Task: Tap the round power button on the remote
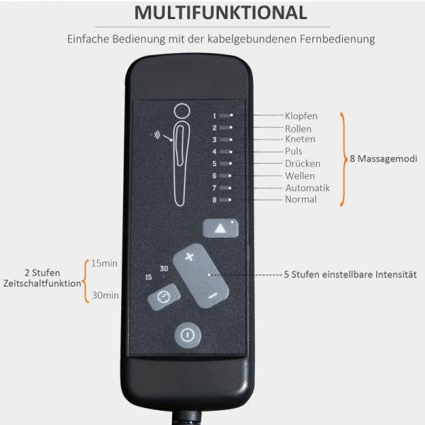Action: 186,335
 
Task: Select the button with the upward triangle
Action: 220,229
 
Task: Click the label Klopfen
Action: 301,115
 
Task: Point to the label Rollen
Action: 298,129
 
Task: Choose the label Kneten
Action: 300,140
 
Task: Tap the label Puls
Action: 294,152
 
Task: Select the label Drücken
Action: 302,164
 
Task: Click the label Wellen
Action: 300,176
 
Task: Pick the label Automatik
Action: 307,188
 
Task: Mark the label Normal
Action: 301,200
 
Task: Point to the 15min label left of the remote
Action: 105,263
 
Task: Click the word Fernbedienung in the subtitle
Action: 335,40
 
